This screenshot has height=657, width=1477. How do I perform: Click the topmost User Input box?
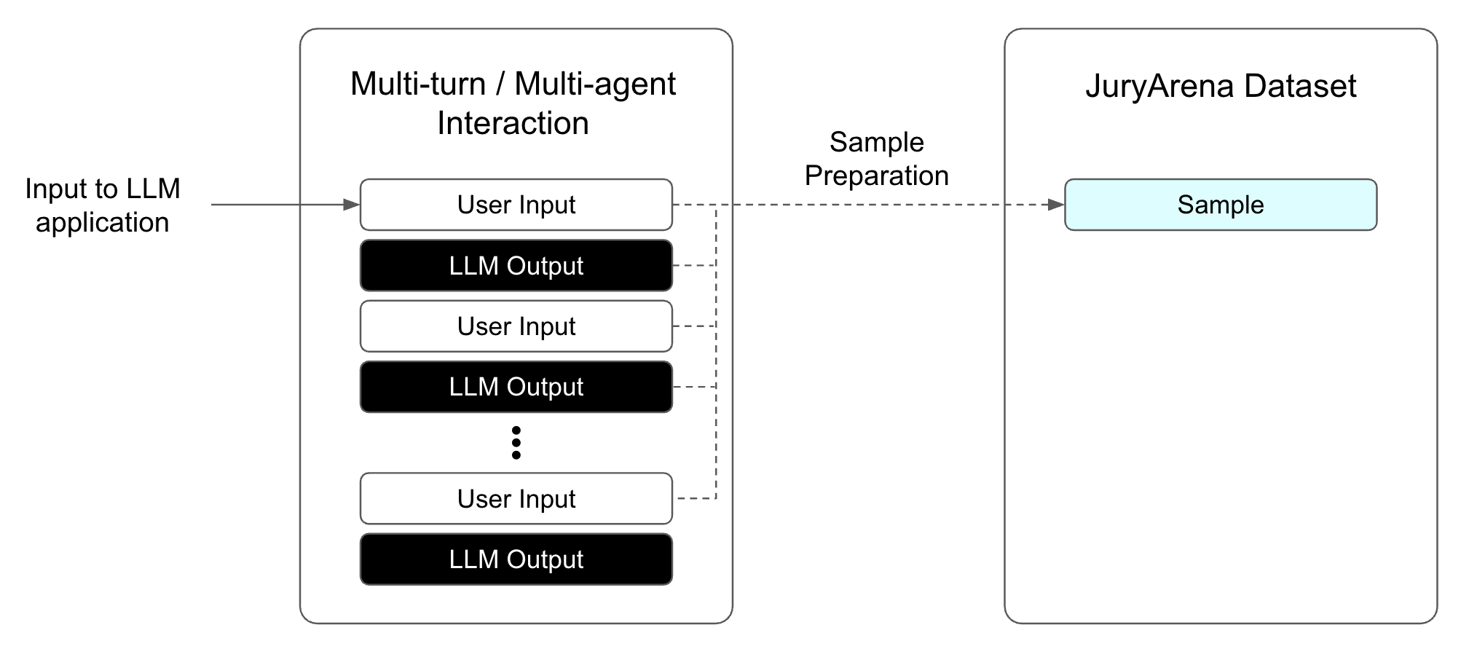pyautogui.click(x=516, y=205)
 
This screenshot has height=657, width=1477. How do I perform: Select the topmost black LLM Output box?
pyautogui.click(x=516, y=266)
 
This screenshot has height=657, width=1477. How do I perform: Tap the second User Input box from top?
pyautogui.click(x=516, y=326)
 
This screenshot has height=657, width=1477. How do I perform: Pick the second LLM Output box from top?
pyautogui.click(x=516, y=387)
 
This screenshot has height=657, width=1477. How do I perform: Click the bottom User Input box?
pyautogui.click(x=516, y=499)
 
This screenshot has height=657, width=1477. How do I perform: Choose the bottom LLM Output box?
pyautogui.click(x=516, y=559)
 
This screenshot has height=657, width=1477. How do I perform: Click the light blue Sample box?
pyautogui.click(x=1221, y=205)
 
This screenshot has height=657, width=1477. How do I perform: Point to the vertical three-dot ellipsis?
pyautogui.click(x=516, y=443)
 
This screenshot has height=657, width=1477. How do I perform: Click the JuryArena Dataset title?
pyautogui.click(x=1221, y=86)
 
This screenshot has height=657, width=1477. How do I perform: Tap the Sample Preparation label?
pyautogui.click(x=876, y=159)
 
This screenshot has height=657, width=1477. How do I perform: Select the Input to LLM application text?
pyautogui.click(x=103, y=205)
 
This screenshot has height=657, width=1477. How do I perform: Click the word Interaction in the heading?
pyautogui.click(x=513, y=123)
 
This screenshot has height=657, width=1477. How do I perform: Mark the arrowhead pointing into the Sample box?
pyautogui.click(x=1056, y=205)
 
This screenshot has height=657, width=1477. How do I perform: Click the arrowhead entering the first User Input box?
pyautogui.click(x=351, y=205)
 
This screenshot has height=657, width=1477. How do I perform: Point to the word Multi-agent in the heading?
pyautogui.click(x=595, y=84)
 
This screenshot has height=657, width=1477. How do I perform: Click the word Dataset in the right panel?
pyautogui.click(x=1300, y=86)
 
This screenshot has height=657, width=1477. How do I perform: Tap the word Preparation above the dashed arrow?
pyautogui.click(x=876, y=176)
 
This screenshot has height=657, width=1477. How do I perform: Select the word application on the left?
pyautogui.click(x=103, y=222)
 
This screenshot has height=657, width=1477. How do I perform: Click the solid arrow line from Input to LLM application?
pyautogui.click(x=277, y=205)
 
